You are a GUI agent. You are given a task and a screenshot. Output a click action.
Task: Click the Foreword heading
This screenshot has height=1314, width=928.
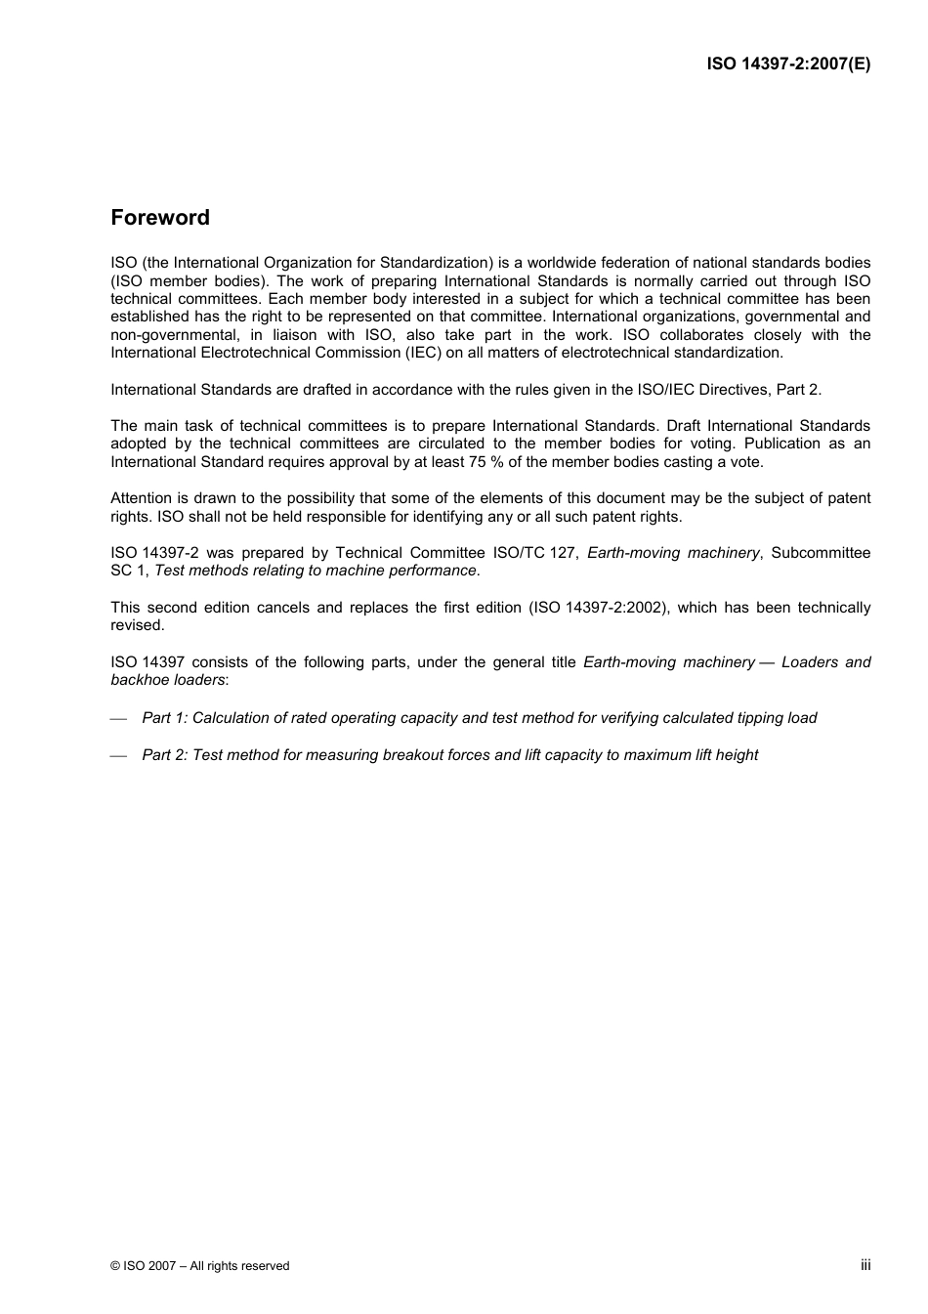[160, 218]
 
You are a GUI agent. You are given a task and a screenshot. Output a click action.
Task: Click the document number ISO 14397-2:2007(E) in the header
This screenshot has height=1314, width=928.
[788, 64]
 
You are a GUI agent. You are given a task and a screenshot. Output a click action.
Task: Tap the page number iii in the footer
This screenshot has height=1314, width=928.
[865, 1264]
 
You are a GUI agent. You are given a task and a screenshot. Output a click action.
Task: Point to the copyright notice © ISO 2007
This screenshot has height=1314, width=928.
[144, 1266]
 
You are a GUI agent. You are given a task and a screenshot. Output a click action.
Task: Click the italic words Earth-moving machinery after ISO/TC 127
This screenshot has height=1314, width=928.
[673, 553]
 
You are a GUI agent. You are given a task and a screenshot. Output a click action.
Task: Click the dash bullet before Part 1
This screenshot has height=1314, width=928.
[119, 719]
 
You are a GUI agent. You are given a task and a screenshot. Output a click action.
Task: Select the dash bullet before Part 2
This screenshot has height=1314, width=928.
[119, 756]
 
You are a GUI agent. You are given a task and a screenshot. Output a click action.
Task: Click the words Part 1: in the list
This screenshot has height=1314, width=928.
[164, 718]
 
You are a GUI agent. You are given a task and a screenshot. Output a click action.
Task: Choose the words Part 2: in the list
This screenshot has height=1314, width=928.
[164, 755]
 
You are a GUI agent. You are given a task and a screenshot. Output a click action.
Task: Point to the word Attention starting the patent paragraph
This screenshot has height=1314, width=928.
[143, 498]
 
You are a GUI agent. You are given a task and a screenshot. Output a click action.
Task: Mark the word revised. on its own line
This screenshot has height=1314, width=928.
[138, 625]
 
